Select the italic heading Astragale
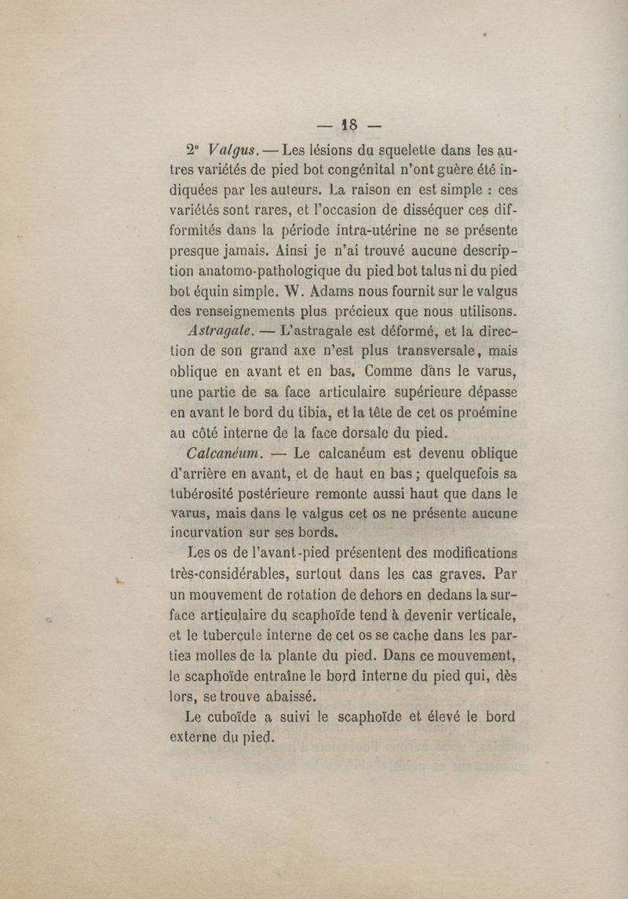[x=219, y=333]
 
